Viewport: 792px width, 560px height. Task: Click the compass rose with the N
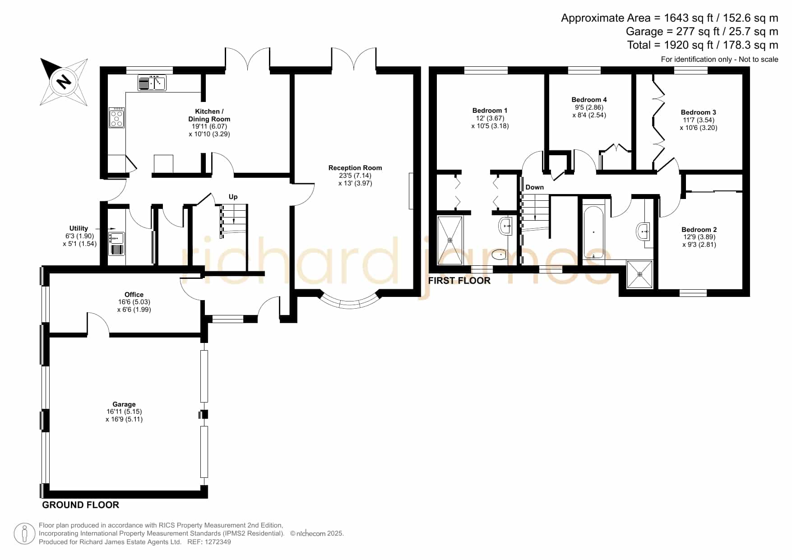64,82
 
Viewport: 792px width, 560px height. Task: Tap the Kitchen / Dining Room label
209,123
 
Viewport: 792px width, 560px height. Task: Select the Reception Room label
355,176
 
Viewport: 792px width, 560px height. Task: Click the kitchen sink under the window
152,83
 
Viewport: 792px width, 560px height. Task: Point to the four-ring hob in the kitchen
117,117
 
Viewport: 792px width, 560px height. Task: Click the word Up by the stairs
233,197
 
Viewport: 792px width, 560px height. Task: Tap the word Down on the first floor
535,187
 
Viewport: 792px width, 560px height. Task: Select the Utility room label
79,236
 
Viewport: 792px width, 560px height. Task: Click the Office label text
134,302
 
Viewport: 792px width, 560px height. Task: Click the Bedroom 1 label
490,118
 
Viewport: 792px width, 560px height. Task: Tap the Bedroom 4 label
589,107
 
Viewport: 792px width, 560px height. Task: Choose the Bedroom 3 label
699,120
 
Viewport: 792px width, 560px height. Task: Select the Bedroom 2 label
699,237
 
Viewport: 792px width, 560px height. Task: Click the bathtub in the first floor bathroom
593,232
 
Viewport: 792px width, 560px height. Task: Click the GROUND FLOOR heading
81,505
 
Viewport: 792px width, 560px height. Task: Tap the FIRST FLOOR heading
459,281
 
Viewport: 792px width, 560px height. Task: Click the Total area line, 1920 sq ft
703,45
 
